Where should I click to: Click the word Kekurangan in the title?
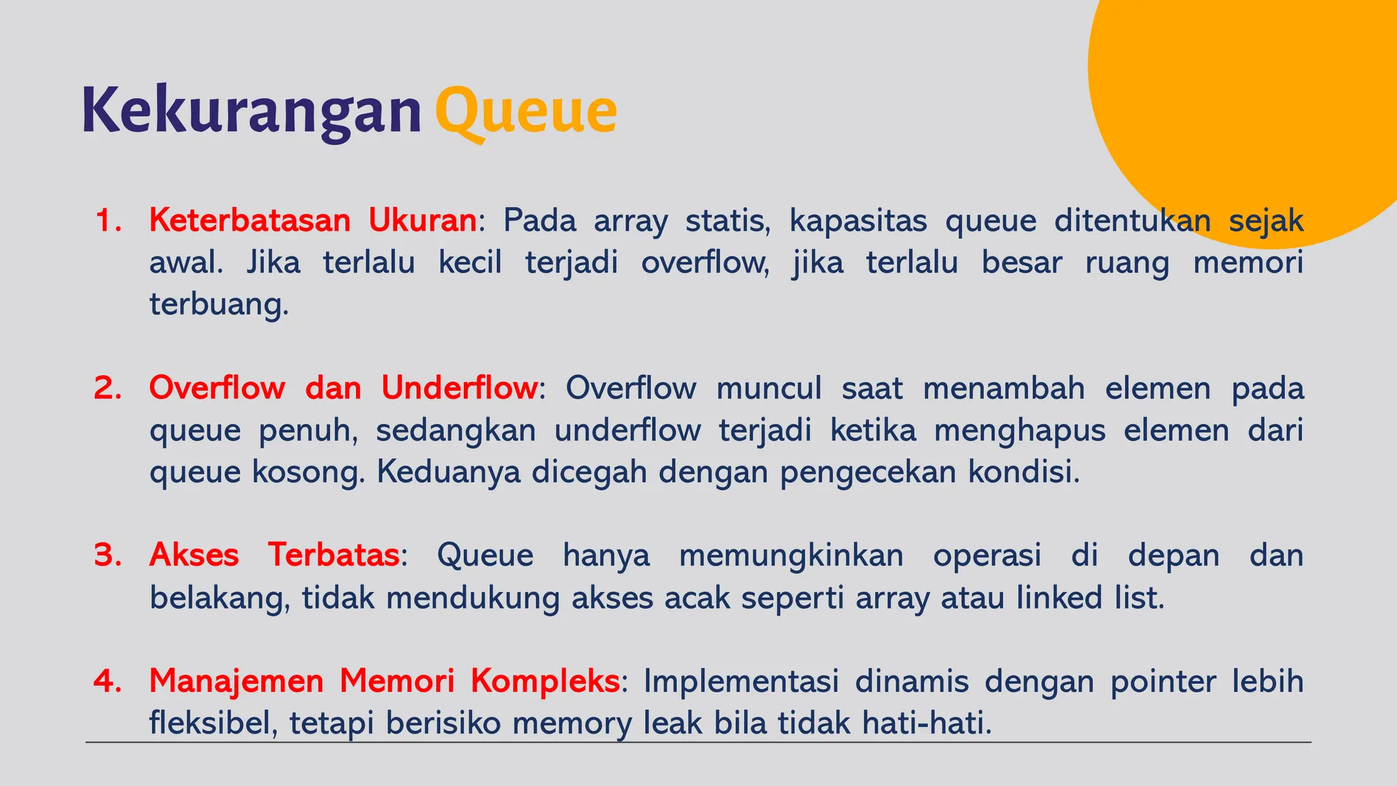tap(252, 111)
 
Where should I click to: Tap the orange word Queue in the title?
tap(526, 111)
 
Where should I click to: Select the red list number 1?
tap(108, 221)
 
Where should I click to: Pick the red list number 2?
tap(108, 388)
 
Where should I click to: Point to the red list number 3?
tap(108, 555)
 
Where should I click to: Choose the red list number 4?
tap(108, 681)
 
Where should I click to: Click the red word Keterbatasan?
tap(250, 221)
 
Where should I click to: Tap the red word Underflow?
tap(459, 388)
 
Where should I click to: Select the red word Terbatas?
tap(333, 555)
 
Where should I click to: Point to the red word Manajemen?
tap(236, 681)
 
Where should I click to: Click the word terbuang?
tap(219, 305)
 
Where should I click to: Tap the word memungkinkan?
tap(791, 555)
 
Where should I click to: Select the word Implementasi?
tap(741, 681)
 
